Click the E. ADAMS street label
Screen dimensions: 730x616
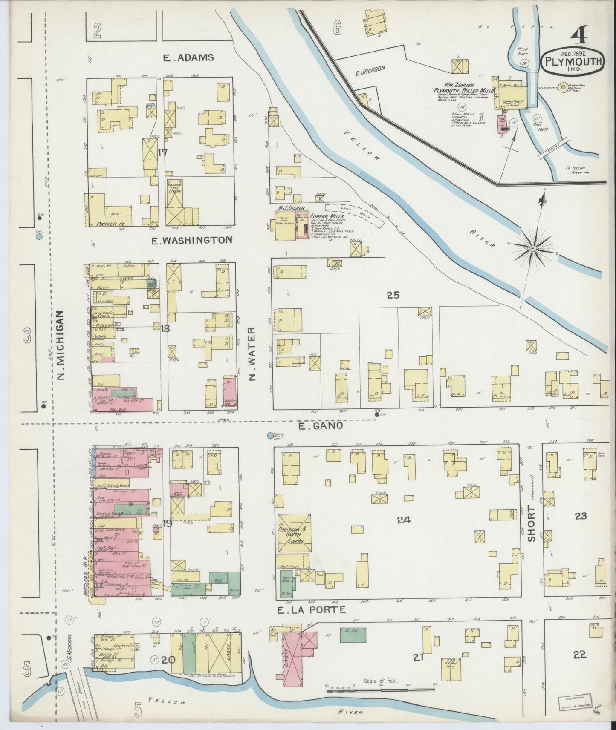[x=189, y=57]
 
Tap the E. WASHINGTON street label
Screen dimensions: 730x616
[x=192, y=240]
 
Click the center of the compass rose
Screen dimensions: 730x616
[x=533, y=247]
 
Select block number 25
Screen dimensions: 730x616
[x=393, y=294]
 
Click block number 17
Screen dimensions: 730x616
[x=162, y=152]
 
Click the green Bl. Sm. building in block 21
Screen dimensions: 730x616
[x=353, y=634]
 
